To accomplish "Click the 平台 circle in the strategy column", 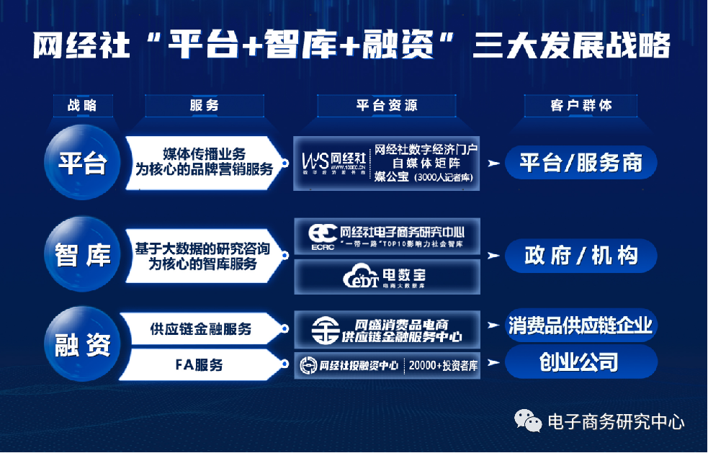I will click(82, 163).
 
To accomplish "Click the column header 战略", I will click(81, 105).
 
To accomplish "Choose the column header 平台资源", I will click(387, 105).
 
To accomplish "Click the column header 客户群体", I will click(581, 105).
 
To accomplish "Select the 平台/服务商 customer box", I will click(581, 163).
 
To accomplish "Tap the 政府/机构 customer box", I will click(581, 256).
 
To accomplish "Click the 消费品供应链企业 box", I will click(581, 326).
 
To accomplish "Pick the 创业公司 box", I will click(581, 362).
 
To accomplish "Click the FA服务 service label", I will click(200, 365).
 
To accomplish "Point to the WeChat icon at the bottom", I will click(529, 421).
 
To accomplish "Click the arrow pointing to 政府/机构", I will click(493, 256).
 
